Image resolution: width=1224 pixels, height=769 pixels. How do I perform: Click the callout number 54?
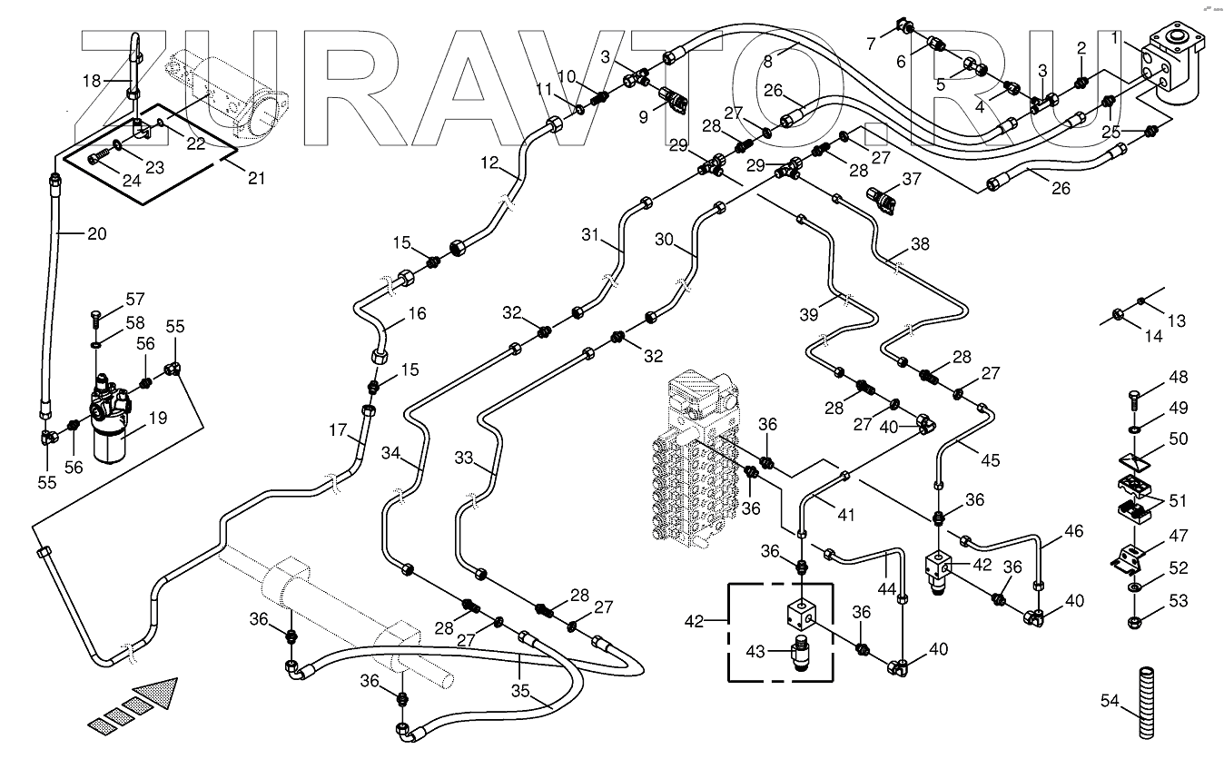pos(1110,701)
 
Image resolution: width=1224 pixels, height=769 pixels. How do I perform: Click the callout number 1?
pos(1115,38)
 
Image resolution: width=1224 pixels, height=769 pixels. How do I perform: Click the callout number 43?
pos(755,652)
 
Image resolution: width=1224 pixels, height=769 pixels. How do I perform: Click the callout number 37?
pos(912,179)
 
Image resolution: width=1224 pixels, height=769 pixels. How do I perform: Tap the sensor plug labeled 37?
pos(881,201)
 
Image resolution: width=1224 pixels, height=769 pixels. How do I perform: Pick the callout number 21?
pos(256,178)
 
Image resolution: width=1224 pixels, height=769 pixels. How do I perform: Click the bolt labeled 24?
pos(99,160)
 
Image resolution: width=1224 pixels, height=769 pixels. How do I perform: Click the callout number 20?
pos(97,234)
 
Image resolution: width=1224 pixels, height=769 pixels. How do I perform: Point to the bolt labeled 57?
pos(95,319)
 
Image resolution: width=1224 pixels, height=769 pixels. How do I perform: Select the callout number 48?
pos(1179,377)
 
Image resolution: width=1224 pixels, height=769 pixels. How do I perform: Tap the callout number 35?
pos(520,692)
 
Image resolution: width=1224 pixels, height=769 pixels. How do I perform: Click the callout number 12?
pos(490,163)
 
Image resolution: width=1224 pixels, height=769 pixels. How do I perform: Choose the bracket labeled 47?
pos(1127,560)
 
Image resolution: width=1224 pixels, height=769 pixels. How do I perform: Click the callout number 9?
pos(643,117)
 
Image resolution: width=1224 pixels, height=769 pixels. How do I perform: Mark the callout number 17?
pos(339,430)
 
